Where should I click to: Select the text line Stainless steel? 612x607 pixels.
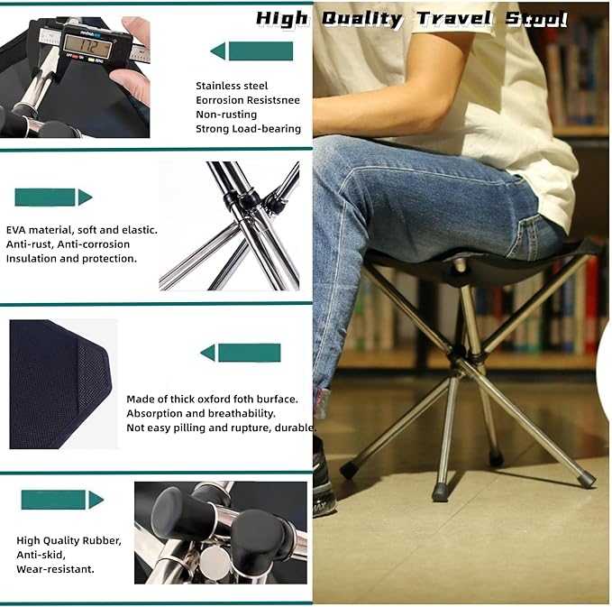pyautogui.click(x=232, y=86)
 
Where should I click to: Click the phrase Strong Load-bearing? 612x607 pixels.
pyautogui.click(x=248, y=128)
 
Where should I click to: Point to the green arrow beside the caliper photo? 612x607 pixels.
pyautogui.click(x=251, y=51)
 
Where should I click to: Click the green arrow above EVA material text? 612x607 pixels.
pyautogui.click(x=53, y=197)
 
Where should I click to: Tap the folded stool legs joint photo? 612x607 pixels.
pyautogui.click(x=230, y=225)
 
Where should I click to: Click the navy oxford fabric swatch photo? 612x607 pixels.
pyautogui.click(x=61, y=383)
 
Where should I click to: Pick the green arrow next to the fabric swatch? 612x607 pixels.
pyautogui.click(x=240, y=353)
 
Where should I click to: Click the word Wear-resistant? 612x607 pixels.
pyautogui.click(x=55, y=569)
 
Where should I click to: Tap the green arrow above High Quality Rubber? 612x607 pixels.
pyautogui.click(x=62, y=500)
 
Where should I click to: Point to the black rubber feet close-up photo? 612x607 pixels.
pyautogui.click(x=220, y=532)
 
